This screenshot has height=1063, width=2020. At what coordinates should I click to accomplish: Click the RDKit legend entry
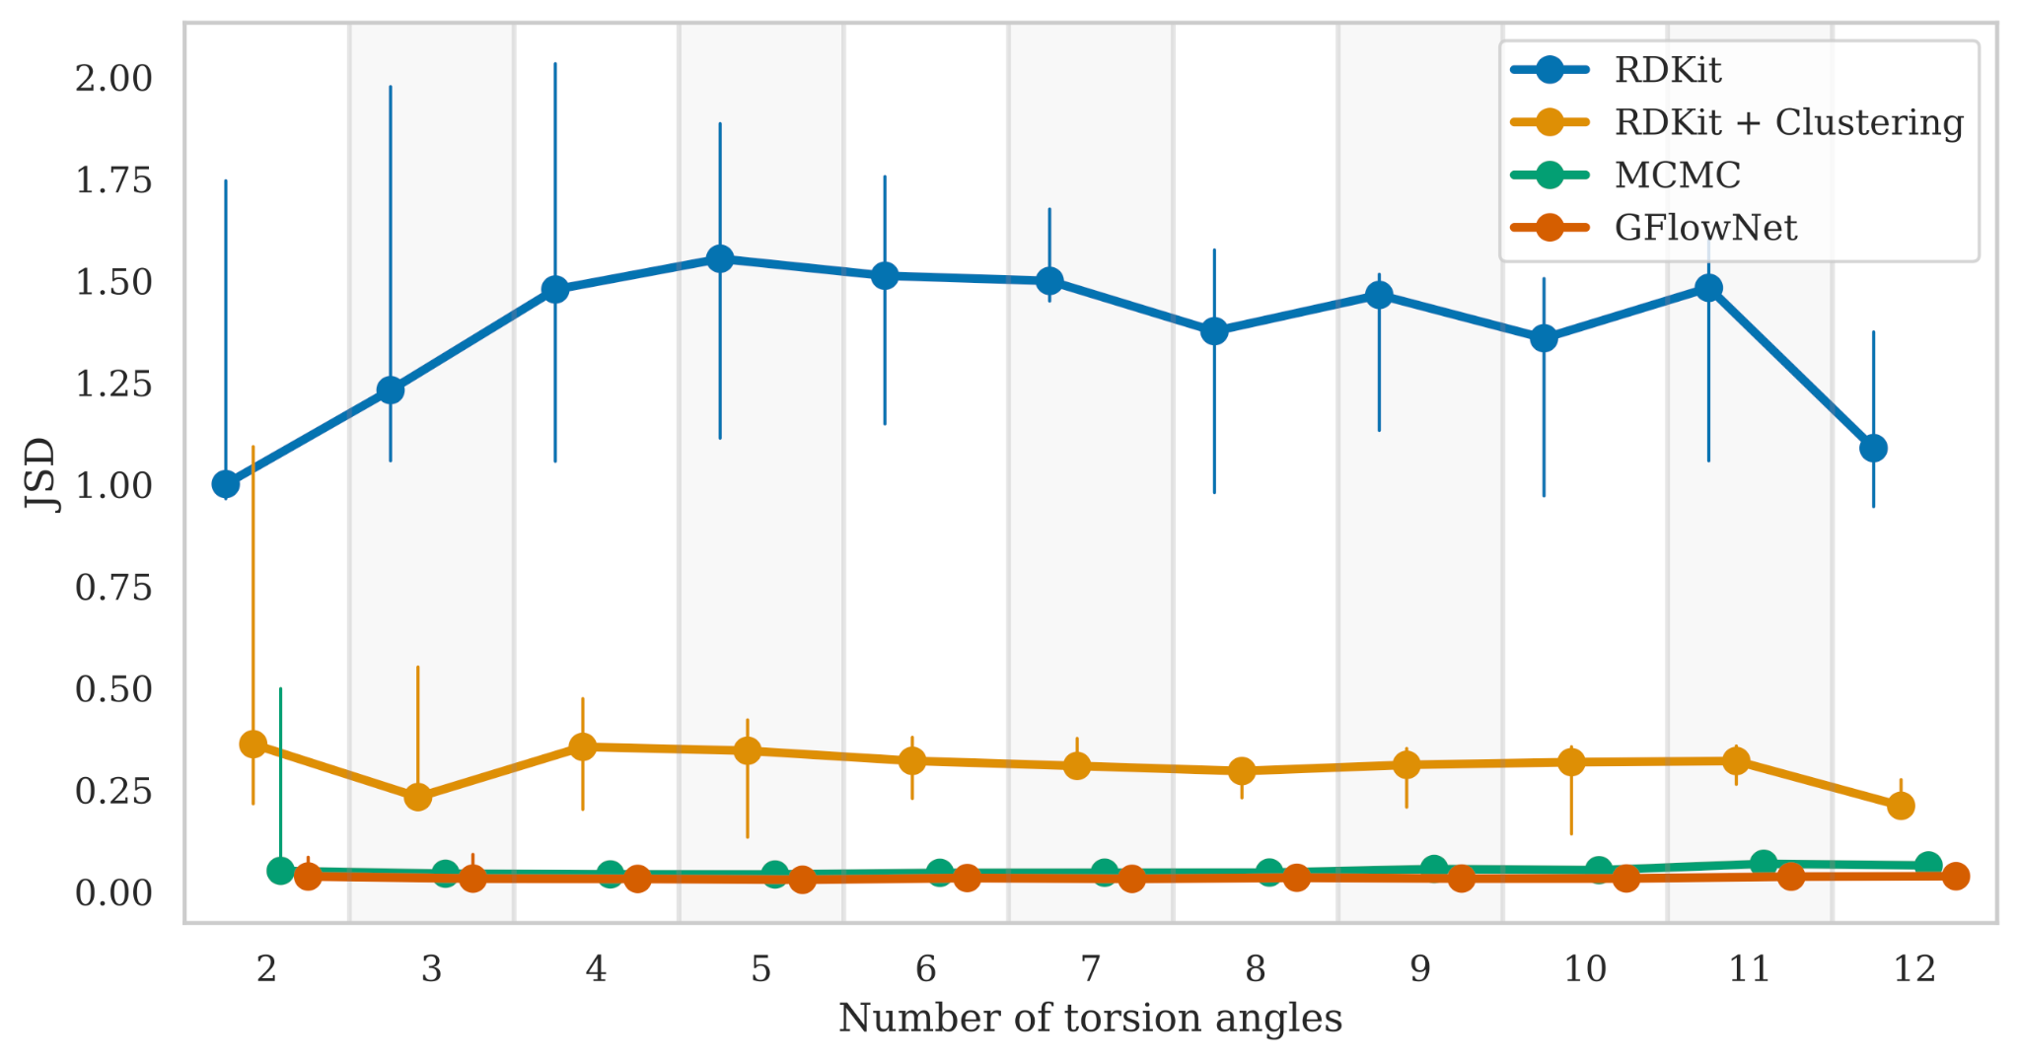click(1667, 70)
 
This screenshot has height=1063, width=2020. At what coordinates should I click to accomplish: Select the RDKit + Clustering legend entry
click(1788, 122)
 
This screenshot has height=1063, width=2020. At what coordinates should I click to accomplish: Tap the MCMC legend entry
click(1677, 176)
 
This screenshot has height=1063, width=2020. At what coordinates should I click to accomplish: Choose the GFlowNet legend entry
click(1705, 228)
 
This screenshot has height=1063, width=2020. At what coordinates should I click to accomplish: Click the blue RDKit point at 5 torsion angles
click(720, 258)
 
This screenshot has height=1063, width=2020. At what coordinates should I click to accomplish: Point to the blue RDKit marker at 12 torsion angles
click(1873, 448)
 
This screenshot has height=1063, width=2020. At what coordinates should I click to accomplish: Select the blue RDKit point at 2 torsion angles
click(226, 484)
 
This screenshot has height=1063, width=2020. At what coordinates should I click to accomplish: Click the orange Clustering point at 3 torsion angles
click(418, 797)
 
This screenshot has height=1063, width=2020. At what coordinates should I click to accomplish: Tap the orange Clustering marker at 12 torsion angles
click(1901, 806)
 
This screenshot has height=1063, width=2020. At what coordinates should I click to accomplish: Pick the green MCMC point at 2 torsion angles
click(281, 871)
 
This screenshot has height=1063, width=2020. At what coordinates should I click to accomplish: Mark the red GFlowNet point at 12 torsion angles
click(1956, 876)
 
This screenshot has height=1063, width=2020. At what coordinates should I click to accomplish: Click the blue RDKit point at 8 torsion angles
click(1214, 331)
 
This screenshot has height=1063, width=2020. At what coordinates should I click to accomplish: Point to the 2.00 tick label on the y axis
click(114, 78)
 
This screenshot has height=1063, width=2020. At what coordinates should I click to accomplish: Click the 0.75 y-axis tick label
click(114, 588)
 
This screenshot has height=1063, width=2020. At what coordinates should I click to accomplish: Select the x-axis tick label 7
click(1090, 969)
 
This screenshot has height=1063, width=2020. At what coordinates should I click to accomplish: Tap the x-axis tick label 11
click(1749, 969)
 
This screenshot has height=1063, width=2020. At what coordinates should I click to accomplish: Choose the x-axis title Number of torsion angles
click(1090, 1019)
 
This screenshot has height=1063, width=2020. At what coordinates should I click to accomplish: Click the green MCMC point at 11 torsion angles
click(1764, 864)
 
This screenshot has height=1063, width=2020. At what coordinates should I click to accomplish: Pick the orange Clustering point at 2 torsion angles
click(253, 744)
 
